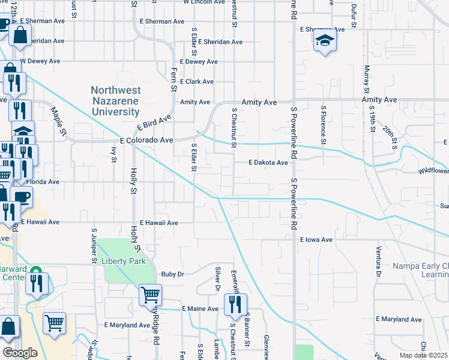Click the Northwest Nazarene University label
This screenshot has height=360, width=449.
tap(115, 101)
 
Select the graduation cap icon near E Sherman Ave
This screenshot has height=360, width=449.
tap(324, 41)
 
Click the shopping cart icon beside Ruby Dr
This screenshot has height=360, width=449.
tap(150, 295)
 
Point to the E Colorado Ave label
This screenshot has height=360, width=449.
tap(146, 140)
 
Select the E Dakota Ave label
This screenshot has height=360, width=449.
tap(268, 163)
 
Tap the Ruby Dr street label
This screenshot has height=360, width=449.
tap(172, 274)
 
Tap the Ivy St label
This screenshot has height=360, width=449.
tap(113, 154)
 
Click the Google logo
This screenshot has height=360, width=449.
tap(20, 353)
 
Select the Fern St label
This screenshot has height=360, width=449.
tap(173, 80)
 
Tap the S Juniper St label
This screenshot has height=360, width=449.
tap(94, 245)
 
